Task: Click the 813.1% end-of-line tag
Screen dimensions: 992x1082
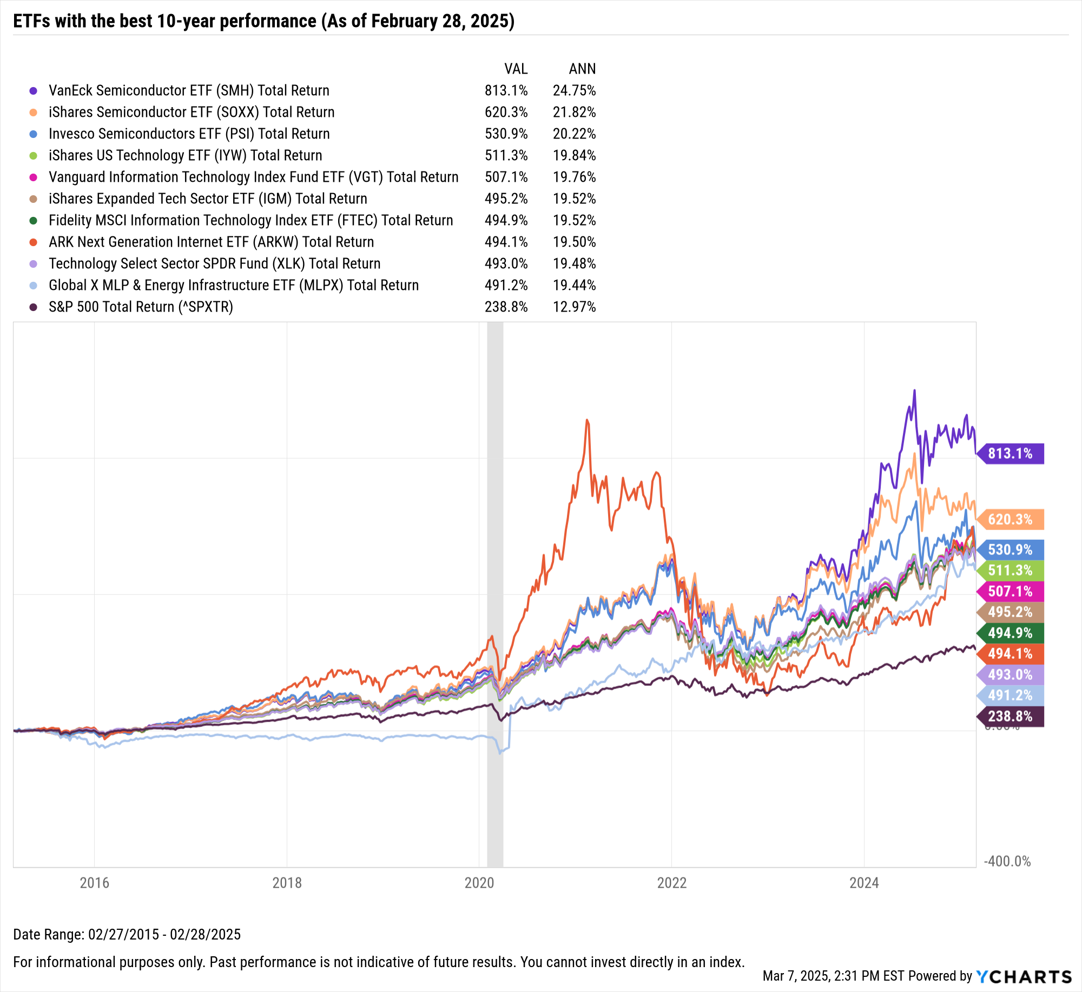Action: click(1010, 453)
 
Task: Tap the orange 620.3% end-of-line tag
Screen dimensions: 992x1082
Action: click(1010, 519)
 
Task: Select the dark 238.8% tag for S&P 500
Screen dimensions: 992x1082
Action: click(1010, 716)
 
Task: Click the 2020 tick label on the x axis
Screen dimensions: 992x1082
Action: click(479, 883)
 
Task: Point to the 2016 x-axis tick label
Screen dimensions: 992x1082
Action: click(94, 883)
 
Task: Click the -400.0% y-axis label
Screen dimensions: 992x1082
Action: click(1007, 861)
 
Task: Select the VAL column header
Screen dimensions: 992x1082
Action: click(516, 69)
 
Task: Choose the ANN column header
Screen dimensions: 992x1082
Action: click(582, 69)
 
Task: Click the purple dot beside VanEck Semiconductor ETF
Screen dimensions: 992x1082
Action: click(34, 90)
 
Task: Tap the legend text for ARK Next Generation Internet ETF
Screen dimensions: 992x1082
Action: click(211, 242)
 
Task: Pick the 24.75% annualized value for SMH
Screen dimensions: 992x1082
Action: click(574, 90)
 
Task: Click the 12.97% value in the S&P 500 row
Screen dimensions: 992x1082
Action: click(574, 307)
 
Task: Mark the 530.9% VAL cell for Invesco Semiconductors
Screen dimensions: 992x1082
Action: click(506, 134)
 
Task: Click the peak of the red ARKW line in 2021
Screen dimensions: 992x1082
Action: click(587, 420)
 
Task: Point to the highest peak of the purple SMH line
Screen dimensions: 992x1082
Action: click(914, 391)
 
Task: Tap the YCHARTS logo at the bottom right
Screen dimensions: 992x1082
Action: click(1024, 976)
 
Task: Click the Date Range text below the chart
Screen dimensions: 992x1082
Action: click(127, 934)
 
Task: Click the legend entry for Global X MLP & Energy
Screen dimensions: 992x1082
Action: click(233, 285)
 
